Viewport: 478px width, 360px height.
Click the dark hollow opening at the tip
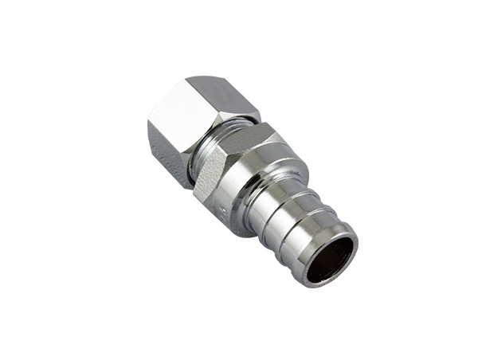pos(330,260)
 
